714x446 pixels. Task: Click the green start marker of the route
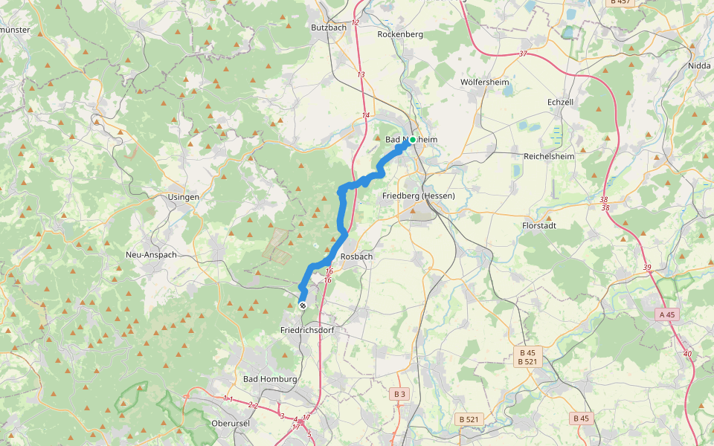tap(412, 140)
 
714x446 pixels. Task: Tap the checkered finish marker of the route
tap(302, 306)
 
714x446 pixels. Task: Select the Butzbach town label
tap(329, 28)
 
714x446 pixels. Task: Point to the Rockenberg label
tap(400, 34)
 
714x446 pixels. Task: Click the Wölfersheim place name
tap(483, 82)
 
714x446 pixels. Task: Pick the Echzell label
tap(560, 103)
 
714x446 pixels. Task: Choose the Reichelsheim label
tap(551, 157)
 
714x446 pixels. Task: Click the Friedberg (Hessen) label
tap(417, 195)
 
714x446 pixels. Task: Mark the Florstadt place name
tap(541, 225)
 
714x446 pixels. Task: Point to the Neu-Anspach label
tap(151, 254)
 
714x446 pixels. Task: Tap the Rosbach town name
tap(356, 256)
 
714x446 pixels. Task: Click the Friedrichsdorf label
tap(308, 329)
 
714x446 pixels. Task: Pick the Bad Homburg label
tap(271, 379)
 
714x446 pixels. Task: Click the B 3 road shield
tap(400, 393)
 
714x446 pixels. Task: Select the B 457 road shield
tap(620, 2)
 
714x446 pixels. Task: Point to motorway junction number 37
tap(523, 54)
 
